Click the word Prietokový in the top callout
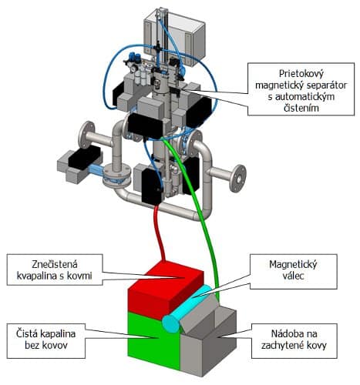tap(301, 74)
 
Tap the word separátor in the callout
tap(325, 85)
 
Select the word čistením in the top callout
tap(301, 108)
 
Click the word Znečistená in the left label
tap(55, 264)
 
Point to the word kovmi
tap(79, 276)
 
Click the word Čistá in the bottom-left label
tap(27, 333)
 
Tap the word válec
tap(293, 276)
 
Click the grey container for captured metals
tap(208, 341)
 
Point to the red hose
tap(159, 231)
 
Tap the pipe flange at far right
tap(237, 179)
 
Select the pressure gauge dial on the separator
tap(133, 69)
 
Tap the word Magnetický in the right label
tap(293, 264)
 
